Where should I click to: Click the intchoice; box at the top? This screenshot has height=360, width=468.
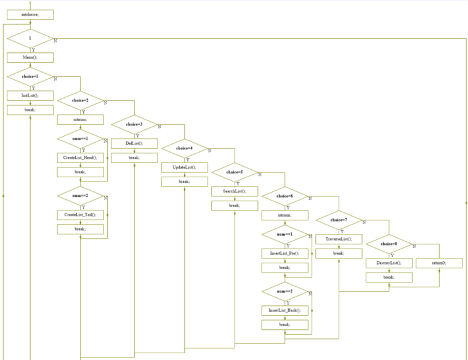[30, 14]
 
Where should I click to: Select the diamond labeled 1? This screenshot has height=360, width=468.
[30, 38]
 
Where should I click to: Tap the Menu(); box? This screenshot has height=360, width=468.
[30, 57]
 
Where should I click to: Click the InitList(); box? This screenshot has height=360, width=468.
[30, 95]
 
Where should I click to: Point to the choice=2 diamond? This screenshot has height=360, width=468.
[80, 100]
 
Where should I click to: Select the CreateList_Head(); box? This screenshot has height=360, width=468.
[80, 158]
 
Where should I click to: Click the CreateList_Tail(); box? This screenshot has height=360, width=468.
[80, 215]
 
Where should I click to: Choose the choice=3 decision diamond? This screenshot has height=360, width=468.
[134, 124]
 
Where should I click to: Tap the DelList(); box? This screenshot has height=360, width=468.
[134, 143]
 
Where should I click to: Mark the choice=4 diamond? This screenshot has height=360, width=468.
[184, 148]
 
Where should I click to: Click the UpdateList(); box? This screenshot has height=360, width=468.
[184, 167]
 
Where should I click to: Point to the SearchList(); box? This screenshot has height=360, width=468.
[235, 191]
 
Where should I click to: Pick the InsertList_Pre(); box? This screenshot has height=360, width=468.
[284, 253]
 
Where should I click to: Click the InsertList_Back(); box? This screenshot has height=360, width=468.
[284, 310]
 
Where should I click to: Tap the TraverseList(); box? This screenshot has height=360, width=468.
[339, 239]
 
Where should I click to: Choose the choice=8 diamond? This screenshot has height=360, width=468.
[389, 244]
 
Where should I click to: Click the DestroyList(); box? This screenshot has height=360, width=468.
[389, 263]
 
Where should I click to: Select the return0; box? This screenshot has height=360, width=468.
[439, 263]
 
